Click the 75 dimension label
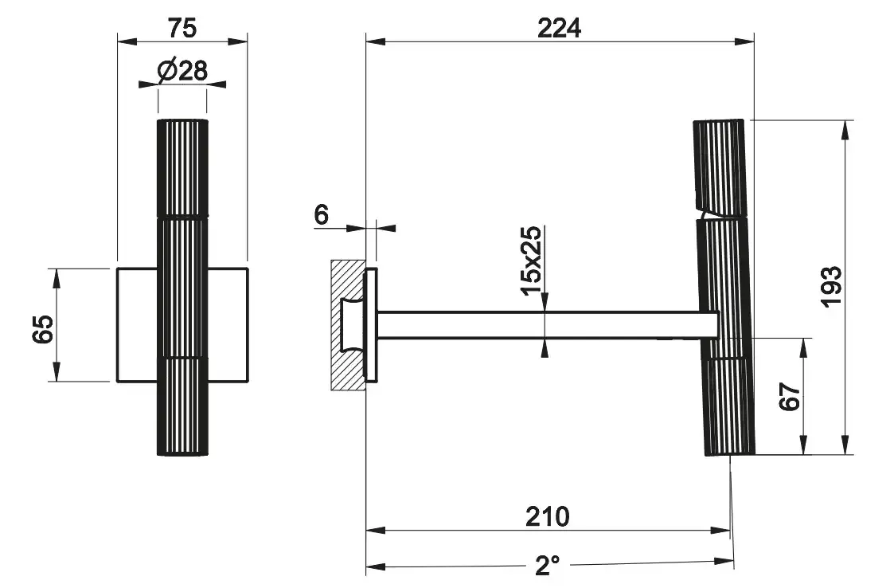[x=182, y=28]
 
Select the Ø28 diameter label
[x=182, y=71]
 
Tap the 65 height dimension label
[x=43, y=329]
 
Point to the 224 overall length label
[x=560, y=28]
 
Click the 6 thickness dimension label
[x=321, y=214]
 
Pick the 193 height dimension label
[x=831, y=287]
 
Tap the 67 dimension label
[x=790, y=396]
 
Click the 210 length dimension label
[x=548, y=516]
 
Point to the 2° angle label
[x=548, y=565]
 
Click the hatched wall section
[x=348, y=325]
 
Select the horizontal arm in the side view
[x=548, y=325]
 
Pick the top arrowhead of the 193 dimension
[x=845, y=130]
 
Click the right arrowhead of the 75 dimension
[x=237, y=41]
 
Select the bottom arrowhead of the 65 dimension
[x=56, y=371]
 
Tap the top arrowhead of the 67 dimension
[x=805, y=347]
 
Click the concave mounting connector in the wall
[x=353, y=325]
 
